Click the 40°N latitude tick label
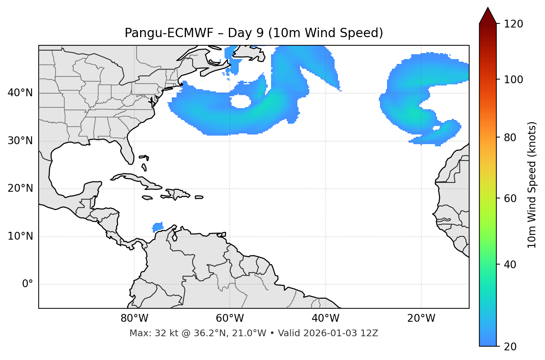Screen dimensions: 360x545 point(20,93)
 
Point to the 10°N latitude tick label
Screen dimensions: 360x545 point(20,236)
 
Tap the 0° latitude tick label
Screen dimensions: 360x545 point(28,284)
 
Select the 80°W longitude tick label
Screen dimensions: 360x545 point(134,318)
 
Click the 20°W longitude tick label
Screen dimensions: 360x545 point(421,318)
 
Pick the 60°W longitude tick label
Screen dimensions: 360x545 point(230,318)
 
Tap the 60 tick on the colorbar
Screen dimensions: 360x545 point(512,198)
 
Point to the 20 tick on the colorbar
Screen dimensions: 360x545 point(512,347)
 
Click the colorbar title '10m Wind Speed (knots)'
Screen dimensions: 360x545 point(532,185)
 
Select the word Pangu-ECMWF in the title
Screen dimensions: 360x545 point(169,33)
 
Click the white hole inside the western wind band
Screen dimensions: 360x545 point(240,101)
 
